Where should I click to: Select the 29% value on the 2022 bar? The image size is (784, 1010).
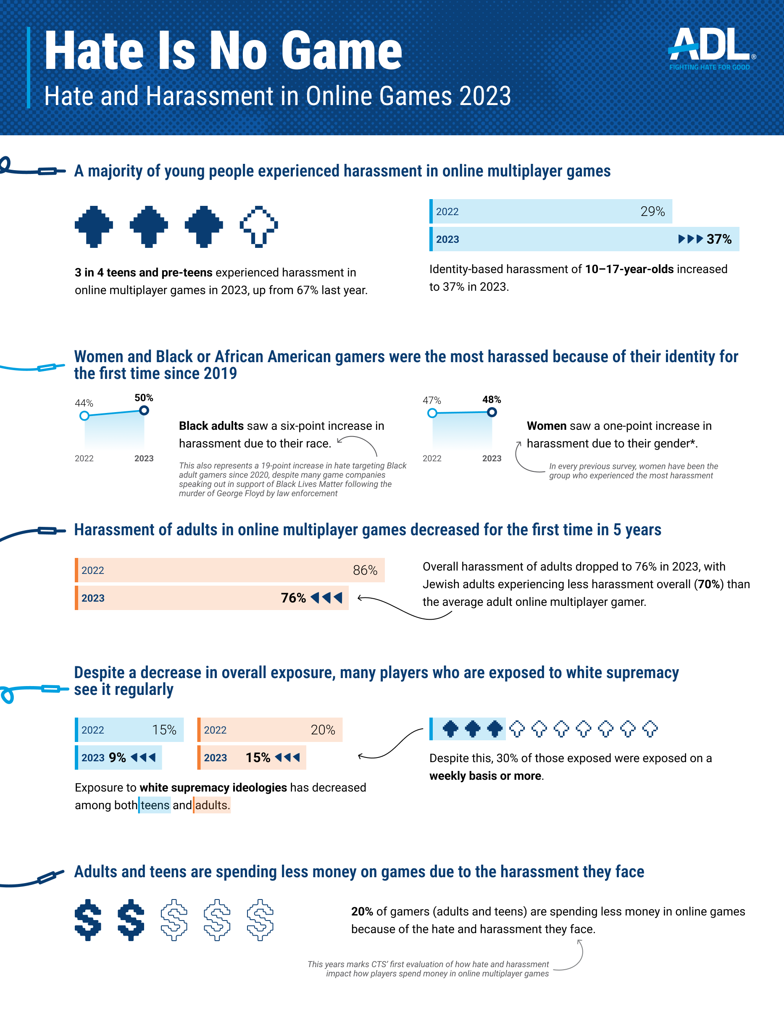point(652,211)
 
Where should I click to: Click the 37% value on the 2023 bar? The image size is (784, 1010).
point(719,239)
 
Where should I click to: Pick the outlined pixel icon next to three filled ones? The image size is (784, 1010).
point(258,226)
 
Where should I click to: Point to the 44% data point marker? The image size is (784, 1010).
point(84,416)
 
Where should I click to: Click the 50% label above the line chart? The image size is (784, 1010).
point(144,398)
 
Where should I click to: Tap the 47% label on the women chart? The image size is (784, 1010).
point(431,400)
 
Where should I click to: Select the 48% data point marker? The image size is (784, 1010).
point(492,412)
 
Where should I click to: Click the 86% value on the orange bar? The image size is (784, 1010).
point(365,570)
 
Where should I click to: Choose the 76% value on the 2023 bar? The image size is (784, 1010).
point(293,598)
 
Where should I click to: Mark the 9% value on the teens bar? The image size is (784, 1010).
point(117,757)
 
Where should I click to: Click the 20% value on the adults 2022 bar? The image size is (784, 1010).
point(323,730)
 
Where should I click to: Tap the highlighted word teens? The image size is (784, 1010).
point(155,805)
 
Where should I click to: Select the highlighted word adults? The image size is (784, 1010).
point(211,805)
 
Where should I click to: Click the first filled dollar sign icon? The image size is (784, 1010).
point(88,920)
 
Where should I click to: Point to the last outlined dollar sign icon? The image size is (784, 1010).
point(260,920)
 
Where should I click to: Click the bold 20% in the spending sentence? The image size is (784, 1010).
point(362,912)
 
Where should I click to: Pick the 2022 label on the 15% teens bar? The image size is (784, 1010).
point(92,730)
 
